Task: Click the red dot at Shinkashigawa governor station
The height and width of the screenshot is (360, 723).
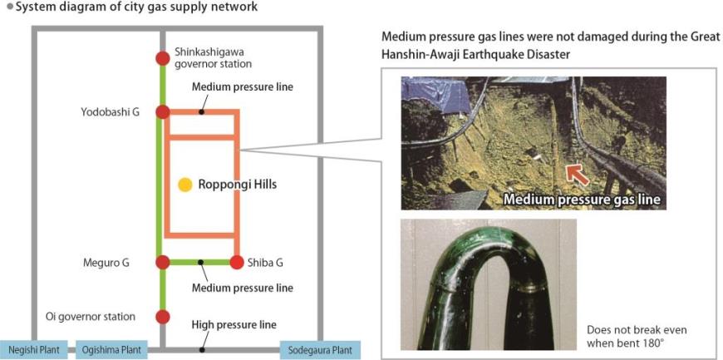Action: (x=163, y=58)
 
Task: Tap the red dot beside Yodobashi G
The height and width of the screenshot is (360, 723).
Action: (x=163, y=112)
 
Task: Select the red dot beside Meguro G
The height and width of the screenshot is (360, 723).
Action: (x=163, y=263)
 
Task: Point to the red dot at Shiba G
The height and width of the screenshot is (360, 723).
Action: (x=236, y=263)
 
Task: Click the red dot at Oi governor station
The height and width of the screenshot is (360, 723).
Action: (x=163, y=317)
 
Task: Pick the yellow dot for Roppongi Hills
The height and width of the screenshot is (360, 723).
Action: (x=185, y=184)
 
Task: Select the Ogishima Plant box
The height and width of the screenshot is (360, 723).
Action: (x=111, y=350)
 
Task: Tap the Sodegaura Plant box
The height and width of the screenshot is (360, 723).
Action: (x=321, y=350)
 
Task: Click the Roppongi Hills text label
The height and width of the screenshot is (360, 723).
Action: (x=237, y=185)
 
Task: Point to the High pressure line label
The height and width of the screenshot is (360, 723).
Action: (x=234, y=325)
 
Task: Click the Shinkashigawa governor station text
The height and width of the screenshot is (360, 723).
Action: (x=213, y=57)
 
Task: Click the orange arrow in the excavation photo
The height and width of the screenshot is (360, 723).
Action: (x=578, y=174)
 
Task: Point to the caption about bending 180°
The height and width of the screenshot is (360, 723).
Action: (x=637, y=336)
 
